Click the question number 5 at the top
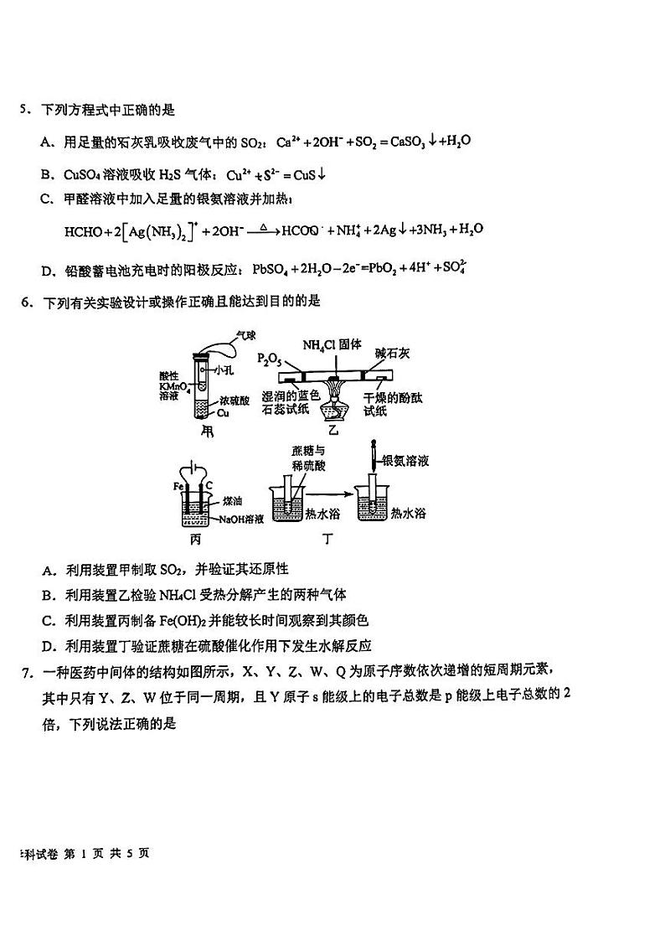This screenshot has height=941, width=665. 25,110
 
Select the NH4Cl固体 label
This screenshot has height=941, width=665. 332,345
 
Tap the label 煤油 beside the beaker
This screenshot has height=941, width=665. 232,501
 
